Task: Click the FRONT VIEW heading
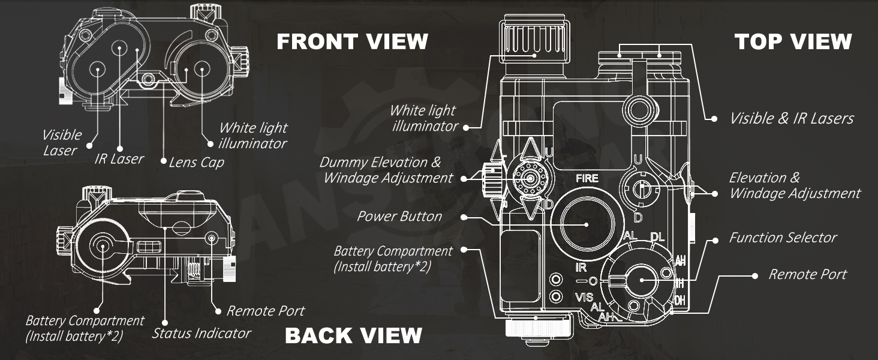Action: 352,41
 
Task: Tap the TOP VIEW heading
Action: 793,41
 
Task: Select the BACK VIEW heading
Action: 353,335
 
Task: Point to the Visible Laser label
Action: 61,143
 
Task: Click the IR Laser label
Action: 119,159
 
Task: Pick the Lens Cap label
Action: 196,162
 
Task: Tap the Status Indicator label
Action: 201,333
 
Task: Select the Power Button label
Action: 399,216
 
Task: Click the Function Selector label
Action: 783,238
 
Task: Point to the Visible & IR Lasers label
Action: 791,118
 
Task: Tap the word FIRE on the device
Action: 587,178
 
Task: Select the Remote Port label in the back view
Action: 265,311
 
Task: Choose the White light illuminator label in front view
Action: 252,136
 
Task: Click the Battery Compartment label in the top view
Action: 393,259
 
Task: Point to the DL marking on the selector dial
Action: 657,238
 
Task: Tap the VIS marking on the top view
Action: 584,298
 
